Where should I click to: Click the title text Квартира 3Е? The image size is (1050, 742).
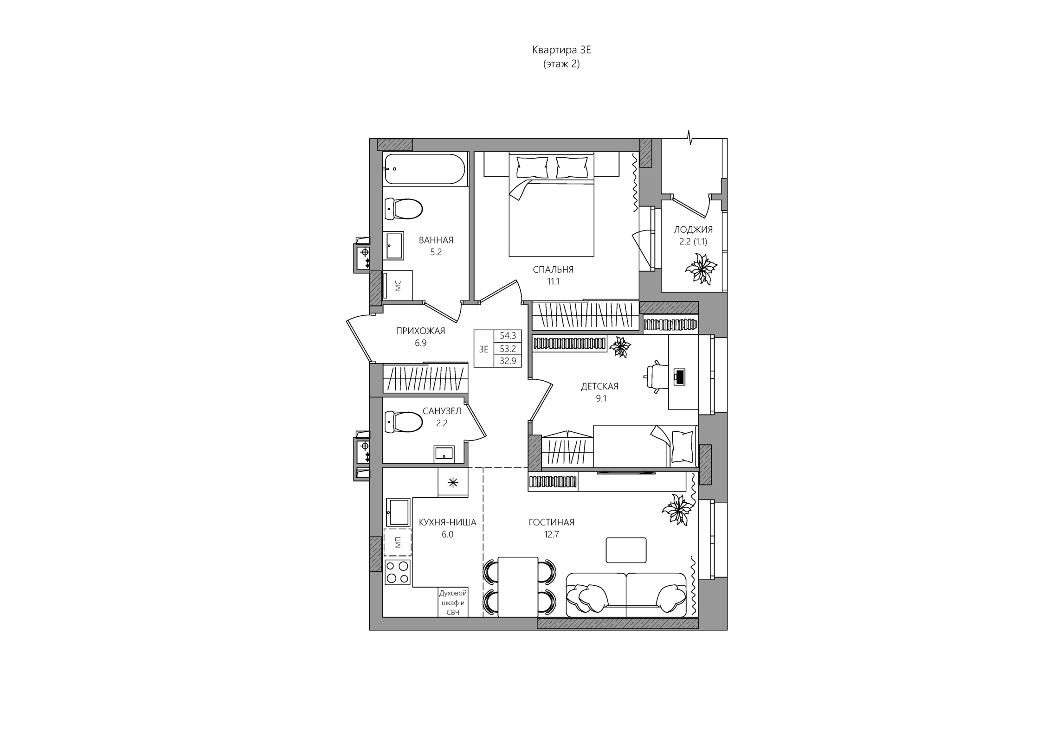[x=561, y=50]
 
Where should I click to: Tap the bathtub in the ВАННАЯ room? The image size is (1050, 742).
[x=424, y=169]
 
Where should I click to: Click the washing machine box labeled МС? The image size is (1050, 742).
[x=398, y=285]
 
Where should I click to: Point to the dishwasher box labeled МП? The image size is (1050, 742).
[x=398, y=542]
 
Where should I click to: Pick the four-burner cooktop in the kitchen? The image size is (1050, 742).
[x=398, y=572]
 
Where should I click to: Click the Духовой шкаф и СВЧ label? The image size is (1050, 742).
[x=453, y=602]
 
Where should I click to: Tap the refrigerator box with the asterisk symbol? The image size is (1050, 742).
[x=453, y=482]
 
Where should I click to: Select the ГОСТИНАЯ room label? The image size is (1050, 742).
[x=551, y=522]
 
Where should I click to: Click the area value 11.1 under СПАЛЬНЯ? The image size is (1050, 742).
[x=553, y=281]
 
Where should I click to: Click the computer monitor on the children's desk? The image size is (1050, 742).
[x=679, y=377]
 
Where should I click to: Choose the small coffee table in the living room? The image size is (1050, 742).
[x=626, y=550]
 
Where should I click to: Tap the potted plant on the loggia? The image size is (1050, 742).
[x=701, y=269]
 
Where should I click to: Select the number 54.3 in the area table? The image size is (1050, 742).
[x=508, y=335]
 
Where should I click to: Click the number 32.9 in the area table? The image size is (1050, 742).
[x=508, y=361]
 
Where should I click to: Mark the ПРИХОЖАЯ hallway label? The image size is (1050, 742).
[x=420, y=331]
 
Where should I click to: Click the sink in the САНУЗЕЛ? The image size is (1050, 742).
[x=444, y=454]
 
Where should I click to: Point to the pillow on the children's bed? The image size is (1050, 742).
[x=682, y=447]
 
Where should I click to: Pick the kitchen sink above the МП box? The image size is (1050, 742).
[x=398, y=512]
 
